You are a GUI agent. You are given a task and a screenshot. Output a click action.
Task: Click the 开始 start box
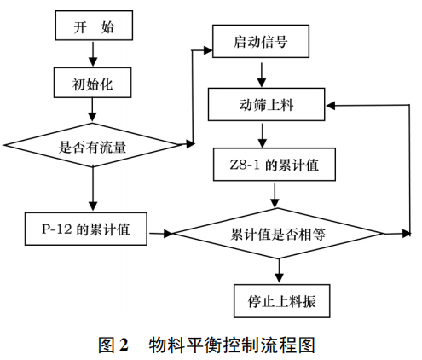(93, 26)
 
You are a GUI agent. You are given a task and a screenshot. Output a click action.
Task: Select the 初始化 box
(93, 84)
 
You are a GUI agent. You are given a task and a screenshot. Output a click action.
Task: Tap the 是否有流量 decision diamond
(93, 146)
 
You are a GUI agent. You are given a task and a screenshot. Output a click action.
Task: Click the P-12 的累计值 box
(85, 230)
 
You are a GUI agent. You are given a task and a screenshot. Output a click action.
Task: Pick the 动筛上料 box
(266, 106)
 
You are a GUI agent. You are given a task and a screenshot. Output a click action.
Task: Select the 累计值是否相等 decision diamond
(280, 231)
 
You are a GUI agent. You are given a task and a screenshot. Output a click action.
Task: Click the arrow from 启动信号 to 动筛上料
(253, 73)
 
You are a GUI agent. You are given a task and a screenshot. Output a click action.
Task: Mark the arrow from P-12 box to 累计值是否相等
(159, 231)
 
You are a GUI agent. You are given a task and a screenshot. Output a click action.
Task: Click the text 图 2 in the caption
(113, 345)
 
